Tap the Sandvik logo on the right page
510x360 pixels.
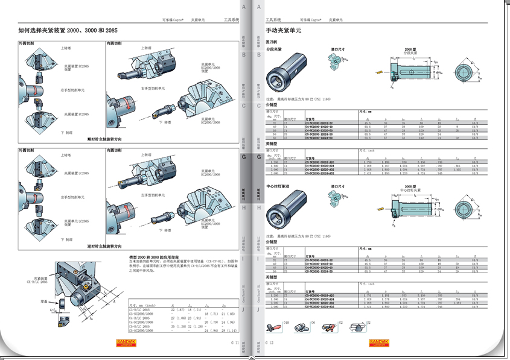(381, 343)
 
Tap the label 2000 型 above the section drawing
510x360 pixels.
(410, 49)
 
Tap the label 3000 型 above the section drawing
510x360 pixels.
(410, 187)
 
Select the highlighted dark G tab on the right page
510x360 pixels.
(259, 157)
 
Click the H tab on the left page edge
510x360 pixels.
(243, 207)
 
